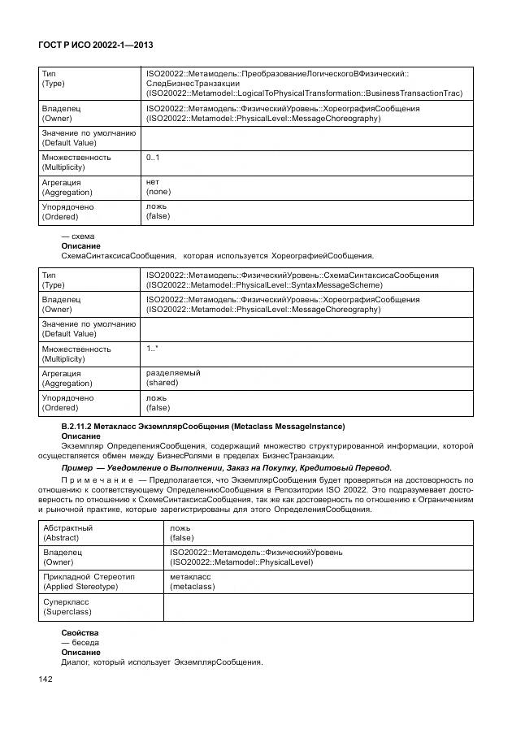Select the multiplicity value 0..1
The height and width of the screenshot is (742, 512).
(153, 157)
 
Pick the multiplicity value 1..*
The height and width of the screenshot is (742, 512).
(152, 349)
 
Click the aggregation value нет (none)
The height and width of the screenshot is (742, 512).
(158, 187)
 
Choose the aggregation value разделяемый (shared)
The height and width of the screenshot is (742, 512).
(172, 378)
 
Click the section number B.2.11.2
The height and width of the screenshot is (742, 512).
(80, 427)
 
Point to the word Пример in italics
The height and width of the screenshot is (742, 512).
(80, 467)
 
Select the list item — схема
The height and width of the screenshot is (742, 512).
(78, 236)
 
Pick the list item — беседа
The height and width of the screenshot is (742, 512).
(80, 642)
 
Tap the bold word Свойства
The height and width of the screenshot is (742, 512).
(80, 632)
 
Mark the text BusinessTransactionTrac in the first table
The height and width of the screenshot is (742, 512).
(410, 93)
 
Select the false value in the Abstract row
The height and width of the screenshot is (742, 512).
(181, 537)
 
